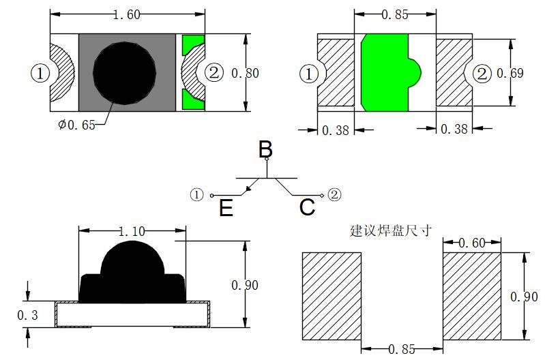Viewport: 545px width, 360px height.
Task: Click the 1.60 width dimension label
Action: pyautogui.click(x=127, y=14)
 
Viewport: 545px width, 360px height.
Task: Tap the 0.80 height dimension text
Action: pyautogui.click(x=245, y=73)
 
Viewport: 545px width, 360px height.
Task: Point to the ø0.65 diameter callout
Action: pyautogui.click(x=76, y=124)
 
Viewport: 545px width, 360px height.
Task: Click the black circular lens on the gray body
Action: pyautogui.click(x=124, y=74)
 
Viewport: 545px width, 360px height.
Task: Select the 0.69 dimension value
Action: pyautogui.click(x=510, y=73)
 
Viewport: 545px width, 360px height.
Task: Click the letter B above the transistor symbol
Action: pyautogui.click(x=265, y=149)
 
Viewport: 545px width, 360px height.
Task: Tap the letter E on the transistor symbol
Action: pyautogui.click(x=226, y=208)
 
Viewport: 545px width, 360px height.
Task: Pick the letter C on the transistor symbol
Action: pyautogui.click(x=307, y=207)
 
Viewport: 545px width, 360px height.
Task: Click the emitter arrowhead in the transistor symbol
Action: pyautogui.click(x=248, y=188)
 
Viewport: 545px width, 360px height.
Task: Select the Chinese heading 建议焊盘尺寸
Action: pyautogui.click(x=391, y=230)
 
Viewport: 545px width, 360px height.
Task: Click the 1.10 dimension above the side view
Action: pyautogui.click(x=132, y=231)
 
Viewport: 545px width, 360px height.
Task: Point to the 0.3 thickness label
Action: pyautogui.click(x=27, y=315)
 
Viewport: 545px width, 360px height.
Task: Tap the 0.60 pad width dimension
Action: pyautogui.click(x=472, y=243)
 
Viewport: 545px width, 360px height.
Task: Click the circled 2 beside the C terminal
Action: pyautogui.click(x=334, y=194)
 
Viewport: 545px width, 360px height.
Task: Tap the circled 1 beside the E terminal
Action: pyautogui.click(x=196, y=194)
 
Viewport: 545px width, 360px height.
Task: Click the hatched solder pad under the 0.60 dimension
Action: pyautogui.click(x=472, y=296)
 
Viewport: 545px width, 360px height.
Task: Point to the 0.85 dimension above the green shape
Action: pyautogui.click(x=395, y=14)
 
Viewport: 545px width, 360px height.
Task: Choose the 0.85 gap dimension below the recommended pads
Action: pyautogui.click(x=402, y=349)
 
